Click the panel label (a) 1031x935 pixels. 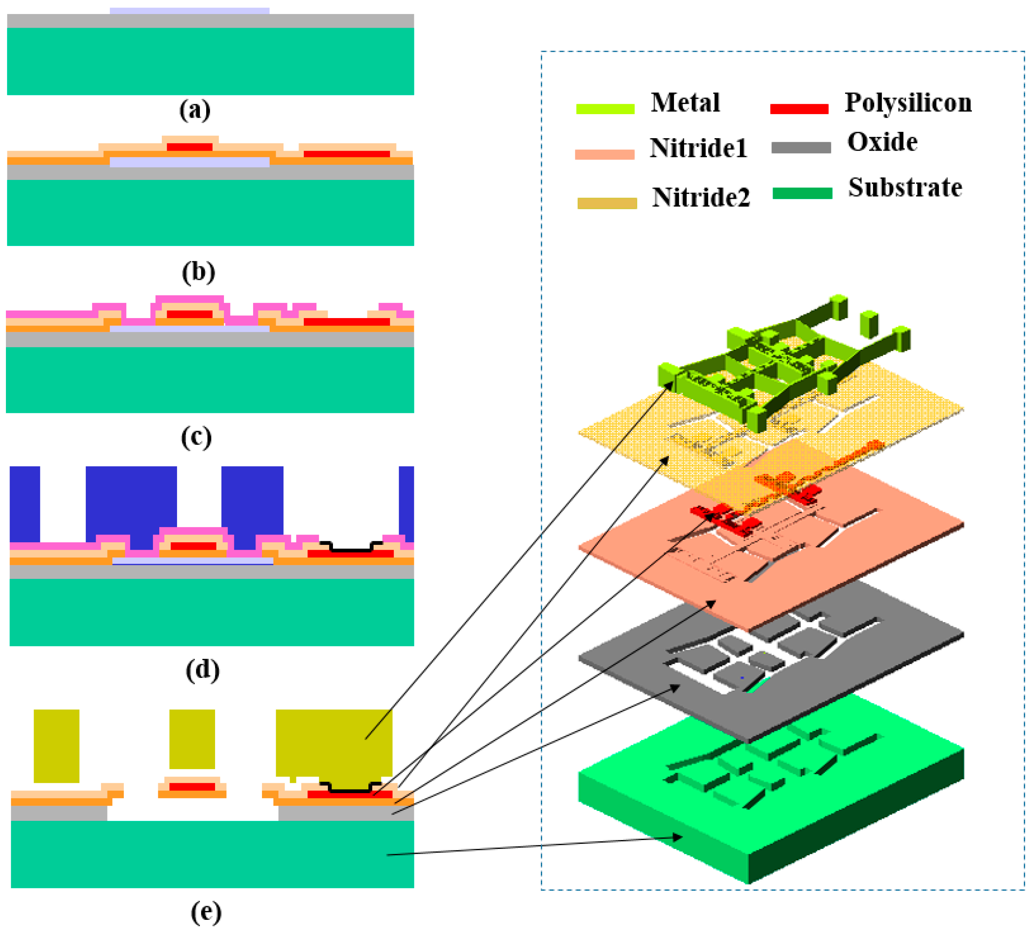pyautogui.click(x=195, y=110)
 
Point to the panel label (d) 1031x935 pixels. pyautogui.click(x=203, y=670)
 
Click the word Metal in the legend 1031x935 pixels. pyautogui.click(x=685, y=103)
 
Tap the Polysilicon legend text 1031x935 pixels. pyautogui.click(x=908, y=103)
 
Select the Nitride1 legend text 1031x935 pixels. pyautogui.click(x=698, y=148)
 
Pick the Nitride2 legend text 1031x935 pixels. pyautogui.click(x=701, y=197)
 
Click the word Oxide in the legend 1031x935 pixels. pyautogui.click(x=882, y=142)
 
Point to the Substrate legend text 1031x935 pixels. pyautogui.click(x=905, y=188)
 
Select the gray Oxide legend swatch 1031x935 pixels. pyautogui.click(x=801, y=148)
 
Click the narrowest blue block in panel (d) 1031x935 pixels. pyautogui.click(x=406, y=504)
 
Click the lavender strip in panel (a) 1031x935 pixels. pyautogui.click(x=189, y=11)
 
